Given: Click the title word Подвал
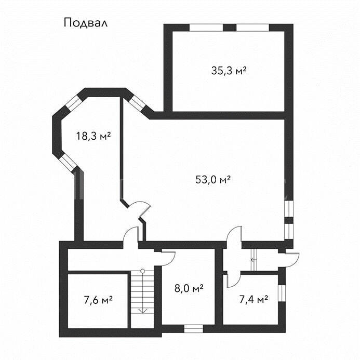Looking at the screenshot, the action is tap(85, 23).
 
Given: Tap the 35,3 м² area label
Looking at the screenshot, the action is tap(229, 71).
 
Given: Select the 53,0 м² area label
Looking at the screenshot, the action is tap(213, 179).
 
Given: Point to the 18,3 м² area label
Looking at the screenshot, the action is tap(94, 136).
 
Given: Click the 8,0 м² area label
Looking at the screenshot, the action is tap(189, 288).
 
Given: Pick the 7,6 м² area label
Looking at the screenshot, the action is tap(98, 300).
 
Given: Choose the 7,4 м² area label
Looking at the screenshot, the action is tap(254, 299).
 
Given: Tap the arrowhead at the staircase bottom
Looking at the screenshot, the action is tap(142, 311).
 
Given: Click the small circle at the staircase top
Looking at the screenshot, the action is tap(142, 271).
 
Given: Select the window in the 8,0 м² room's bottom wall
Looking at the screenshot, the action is tap(194, 328).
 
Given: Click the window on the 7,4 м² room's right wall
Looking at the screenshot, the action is tap(282, 293).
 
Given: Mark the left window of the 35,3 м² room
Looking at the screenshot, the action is tap(206, 28).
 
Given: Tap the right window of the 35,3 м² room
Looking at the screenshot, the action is tap(252, 28).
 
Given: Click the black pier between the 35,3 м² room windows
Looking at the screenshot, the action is tap(230, 28).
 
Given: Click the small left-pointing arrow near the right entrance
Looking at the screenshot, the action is tap(254, 260).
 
